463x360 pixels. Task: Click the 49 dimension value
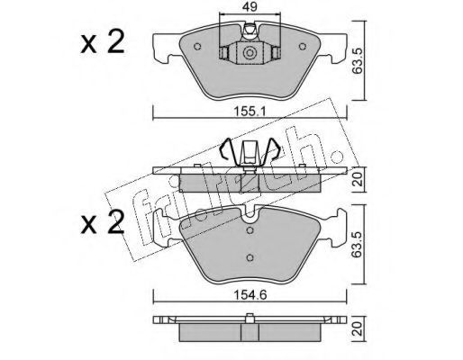click(x=250, y=6)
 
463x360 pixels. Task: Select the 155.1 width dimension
click(x=250, y=112)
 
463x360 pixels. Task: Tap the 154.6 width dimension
click(x=250, y=295)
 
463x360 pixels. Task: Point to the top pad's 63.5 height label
click(x=358, y=61)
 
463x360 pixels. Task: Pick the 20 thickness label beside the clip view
click(x=358, y=180)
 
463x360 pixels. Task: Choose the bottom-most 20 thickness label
click(x=358, y=328)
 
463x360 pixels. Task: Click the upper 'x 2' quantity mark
click(x=103, y=42)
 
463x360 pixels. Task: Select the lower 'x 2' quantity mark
click(x=103, y=222)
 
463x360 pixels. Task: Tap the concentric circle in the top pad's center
click(x=249, y=53)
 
